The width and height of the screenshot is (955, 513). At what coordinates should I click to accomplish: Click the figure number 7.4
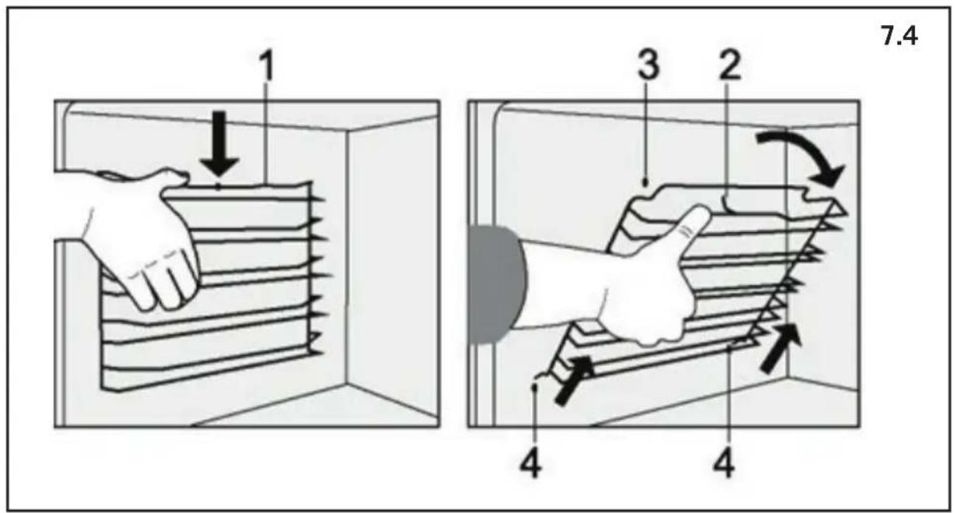pos(899,37)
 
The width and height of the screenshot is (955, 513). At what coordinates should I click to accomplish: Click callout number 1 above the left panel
pos(266,67)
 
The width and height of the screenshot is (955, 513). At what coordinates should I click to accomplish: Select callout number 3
pos(648,66)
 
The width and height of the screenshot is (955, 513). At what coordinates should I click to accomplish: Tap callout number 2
pos(730,66)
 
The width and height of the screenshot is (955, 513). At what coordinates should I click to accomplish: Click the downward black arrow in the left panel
pos(219,144)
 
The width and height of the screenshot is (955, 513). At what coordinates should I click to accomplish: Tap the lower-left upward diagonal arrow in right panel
pos(573,380)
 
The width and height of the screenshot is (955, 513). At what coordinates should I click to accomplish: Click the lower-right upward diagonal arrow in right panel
pos(780,348)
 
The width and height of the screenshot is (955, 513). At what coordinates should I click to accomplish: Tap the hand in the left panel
pos(141,238)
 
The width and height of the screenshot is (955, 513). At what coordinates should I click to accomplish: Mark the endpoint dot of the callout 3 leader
pos(646,184)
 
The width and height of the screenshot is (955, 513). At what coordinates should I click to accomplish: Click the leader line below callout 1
pos(266,133)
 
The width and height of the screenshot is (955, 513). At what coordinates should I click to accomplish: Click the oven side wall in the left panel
pos(392,259)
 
